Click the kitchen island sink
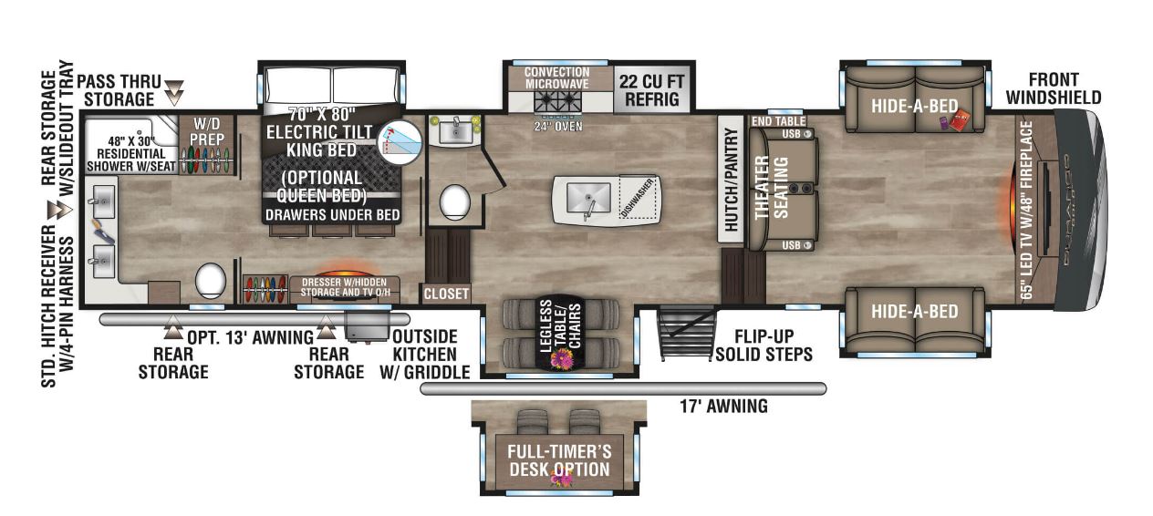click(587, 196)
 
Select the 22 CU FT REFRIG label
click(651, 88)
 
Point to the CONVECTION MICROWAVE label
click(556, 77)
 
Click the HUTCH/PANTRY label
click(729, 180)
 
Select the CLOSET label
click(446, 294)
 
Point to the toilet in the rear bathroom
click(211, 281)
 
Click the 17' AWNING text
click(723, 407)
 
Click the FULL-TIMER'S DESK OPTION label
click(559, 460)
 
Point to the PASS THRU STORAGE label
click(116, 89)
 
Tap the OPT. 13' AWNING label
click(250, 337)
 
